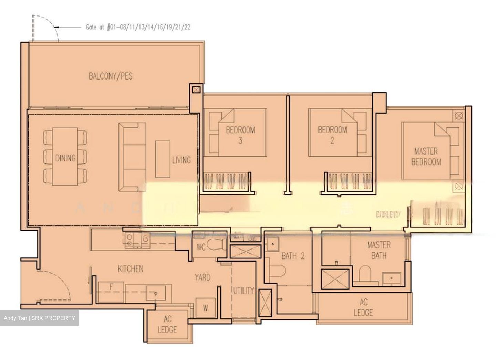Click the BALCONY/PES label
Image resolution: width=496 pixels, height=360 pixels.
point(111,76)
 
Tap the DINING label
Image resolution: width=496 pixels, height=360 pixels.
point(65,158)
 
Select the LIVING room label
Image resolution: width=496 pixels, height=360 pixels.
point(181,160)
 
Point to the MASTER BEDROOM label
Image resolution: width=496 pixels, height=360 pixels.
point(426,157)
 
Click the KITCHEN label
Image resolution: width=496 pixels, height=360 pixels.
point(131,269)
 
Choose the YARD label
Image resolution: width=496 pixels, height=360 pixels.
point(203,277)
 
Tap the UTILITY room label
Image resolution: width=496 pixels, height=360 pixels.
point(243,290)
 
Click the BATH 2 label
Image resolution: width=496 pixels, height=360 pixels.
point(293,256)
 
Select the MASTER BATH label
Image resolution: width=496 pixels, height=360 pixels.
point(379,250)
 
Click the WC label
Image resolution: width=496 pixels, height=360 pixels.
point(201,247)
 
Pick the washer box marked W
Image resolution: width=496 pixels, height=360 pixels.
point(205,308)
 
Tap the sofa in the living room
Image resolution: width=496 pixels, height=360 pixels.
point(133,157)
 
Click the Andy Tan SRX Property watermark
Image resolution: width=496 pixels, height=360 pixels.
point(39,318)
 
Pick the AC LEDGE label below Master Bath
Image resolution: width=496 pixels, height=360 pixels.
point(363,307)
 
